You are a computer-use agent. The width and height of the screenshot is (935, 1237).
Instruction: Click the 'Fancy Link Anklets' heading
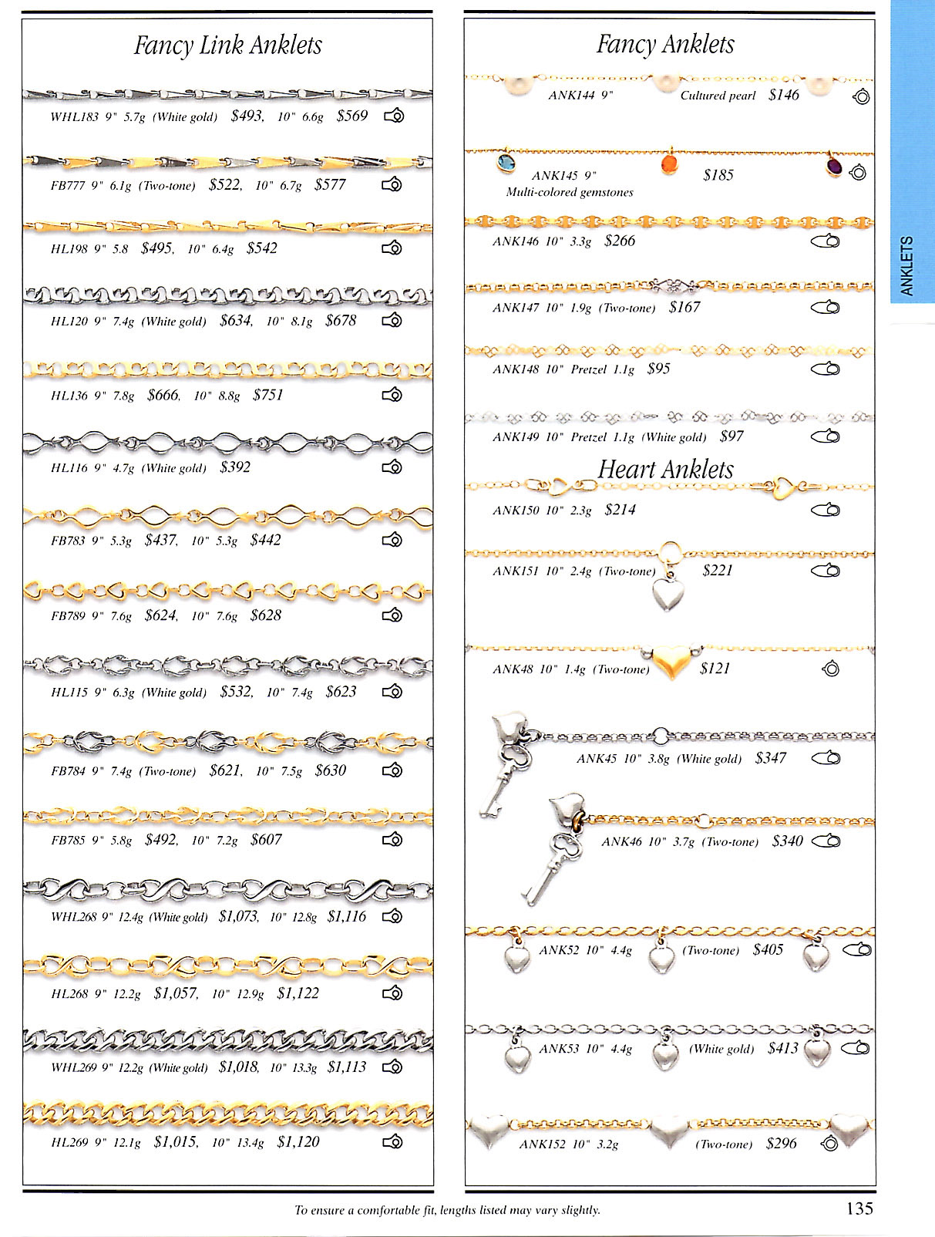coord(227,45)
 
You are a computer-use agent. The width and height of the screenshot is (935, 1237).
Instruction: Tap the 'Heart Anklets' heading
coord(666,469)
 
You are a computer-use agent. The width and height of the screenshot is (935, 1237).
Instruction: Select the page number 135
coord(859,1208)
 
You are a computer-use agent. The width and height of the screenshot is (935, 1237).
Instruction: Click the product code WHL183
coord(75,117)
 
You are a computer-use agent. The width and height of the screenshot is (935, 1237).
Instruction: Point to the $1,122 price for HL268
coord(298,993)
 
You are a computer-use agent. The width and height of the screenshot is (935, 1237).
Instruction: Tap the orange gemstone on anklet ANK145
coord(669,164)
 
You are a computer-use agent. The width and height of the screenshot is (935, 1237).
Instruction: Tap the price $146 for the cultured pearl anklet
coord(784,95)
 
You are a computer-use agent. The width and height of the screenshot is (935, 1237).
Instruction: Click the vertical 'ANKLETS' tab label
coord(907,266)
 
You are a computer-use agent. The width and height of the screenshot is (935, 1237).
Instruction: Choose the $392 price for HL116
coord(235,467)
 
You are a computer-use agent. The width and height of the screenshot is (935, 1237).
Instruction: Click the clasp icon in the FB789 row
coord(393,615)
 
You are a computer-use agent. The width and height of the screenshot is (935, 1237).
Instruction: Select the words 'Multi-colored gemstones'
coord(570,192)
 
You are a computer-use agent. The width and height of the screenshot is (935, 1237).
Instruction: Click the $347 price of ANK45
coord(770,757)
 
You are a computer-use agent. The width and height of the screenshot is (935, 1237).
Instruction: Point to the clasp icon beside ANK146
coord(826,241)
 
